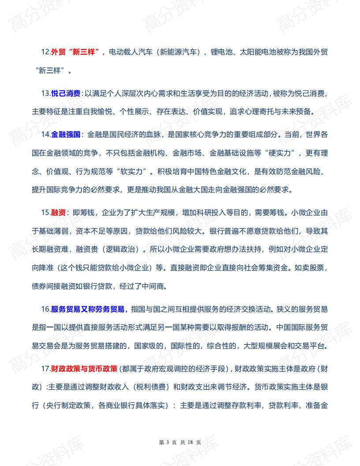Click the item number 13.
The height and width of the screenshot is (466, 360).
point(45,94)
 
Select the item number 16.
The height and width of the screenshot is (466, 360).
point(45,309)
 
